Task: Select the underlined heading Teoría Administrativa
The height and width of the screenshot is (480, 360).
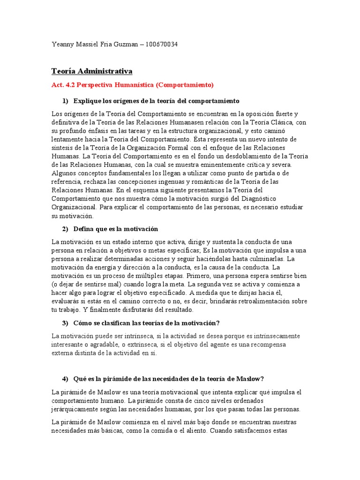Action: point(92,71)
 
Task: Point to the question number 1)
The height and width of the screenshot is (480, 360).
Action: point(65,101)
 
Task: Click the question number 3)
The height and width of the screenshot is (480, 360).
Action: point(65,323)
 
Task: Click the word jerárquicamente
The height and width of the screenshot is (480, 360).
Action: point(76,409)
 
